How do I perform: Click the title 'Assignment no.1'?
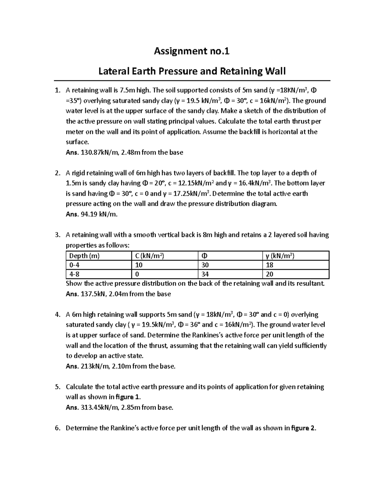(192, 51)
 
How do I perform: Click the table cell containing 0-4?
(75, 265)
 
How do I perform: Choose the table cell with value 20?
(269, 274)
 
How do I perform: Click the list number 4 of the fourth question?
(57, 314)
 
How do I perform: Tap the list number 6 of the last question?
(57, 428)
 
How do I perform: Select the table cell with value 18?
(269, 265)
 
